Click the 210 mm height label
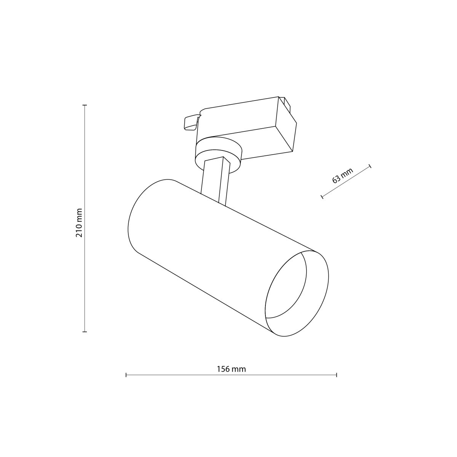[79, 223]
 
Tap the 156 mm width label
[231, 369]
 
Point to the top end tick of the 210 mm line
[85, 105]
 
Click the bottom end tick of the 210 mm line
[85, 332]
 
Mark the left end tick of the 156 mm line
[126, 375]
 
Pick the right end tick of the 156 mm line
[337, 375]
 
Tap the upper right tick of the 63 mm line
[370, 166]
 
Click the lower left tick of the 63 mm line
[322, 197]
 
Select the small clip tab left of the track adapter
[190, 123]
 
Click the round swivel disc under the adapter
[218, 152]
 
